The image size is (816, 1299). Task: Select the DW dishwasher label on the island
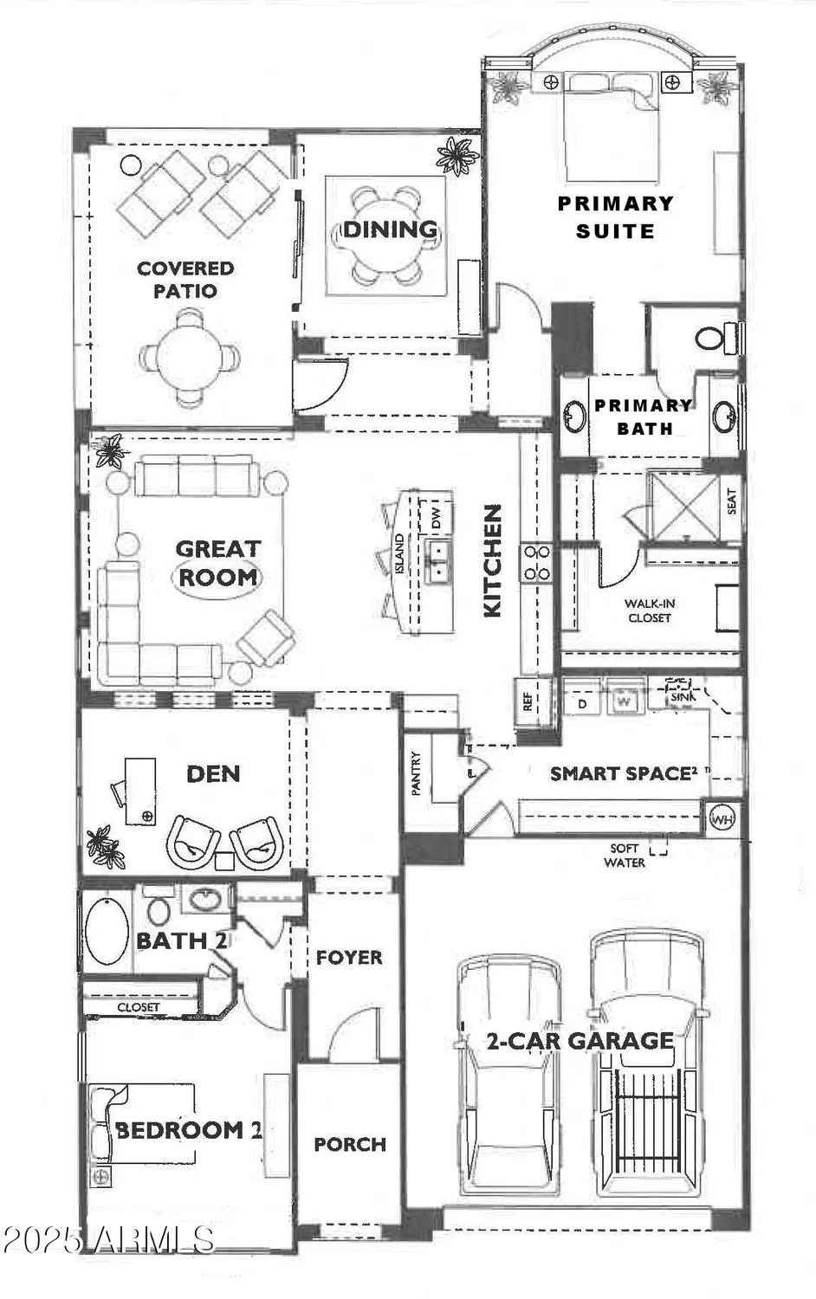click(x=437, y=519)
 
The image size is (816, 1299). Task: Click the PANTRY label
click(x=417, y=772)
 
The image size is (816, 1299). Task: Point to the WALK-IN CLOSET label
click(x=650, y=611)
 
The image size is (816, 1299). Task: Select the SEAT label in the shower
click(x=731, y=501)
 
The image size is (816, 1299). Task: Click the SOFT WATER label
click(x=624, y=856)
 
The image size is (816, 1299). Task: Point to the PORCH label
click(x=350, y=1144)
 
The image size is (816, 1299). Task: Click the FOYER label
click(x=349, y=957)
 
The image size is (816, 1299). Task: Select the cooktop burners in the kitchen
click(x=535, y=561)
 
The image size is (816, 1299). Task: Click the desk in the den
click(x=139, y=790)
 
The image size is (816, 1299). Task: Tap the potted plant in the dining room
click(x=457, y=156)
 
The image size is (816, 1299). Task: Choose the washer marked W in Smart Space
click(x=623, y=702)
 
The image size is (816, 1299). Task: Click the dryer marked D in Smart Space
click(x=583, y=703)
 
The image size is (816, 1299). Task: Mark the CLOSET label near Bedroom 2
click(x=139, y=1007)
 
